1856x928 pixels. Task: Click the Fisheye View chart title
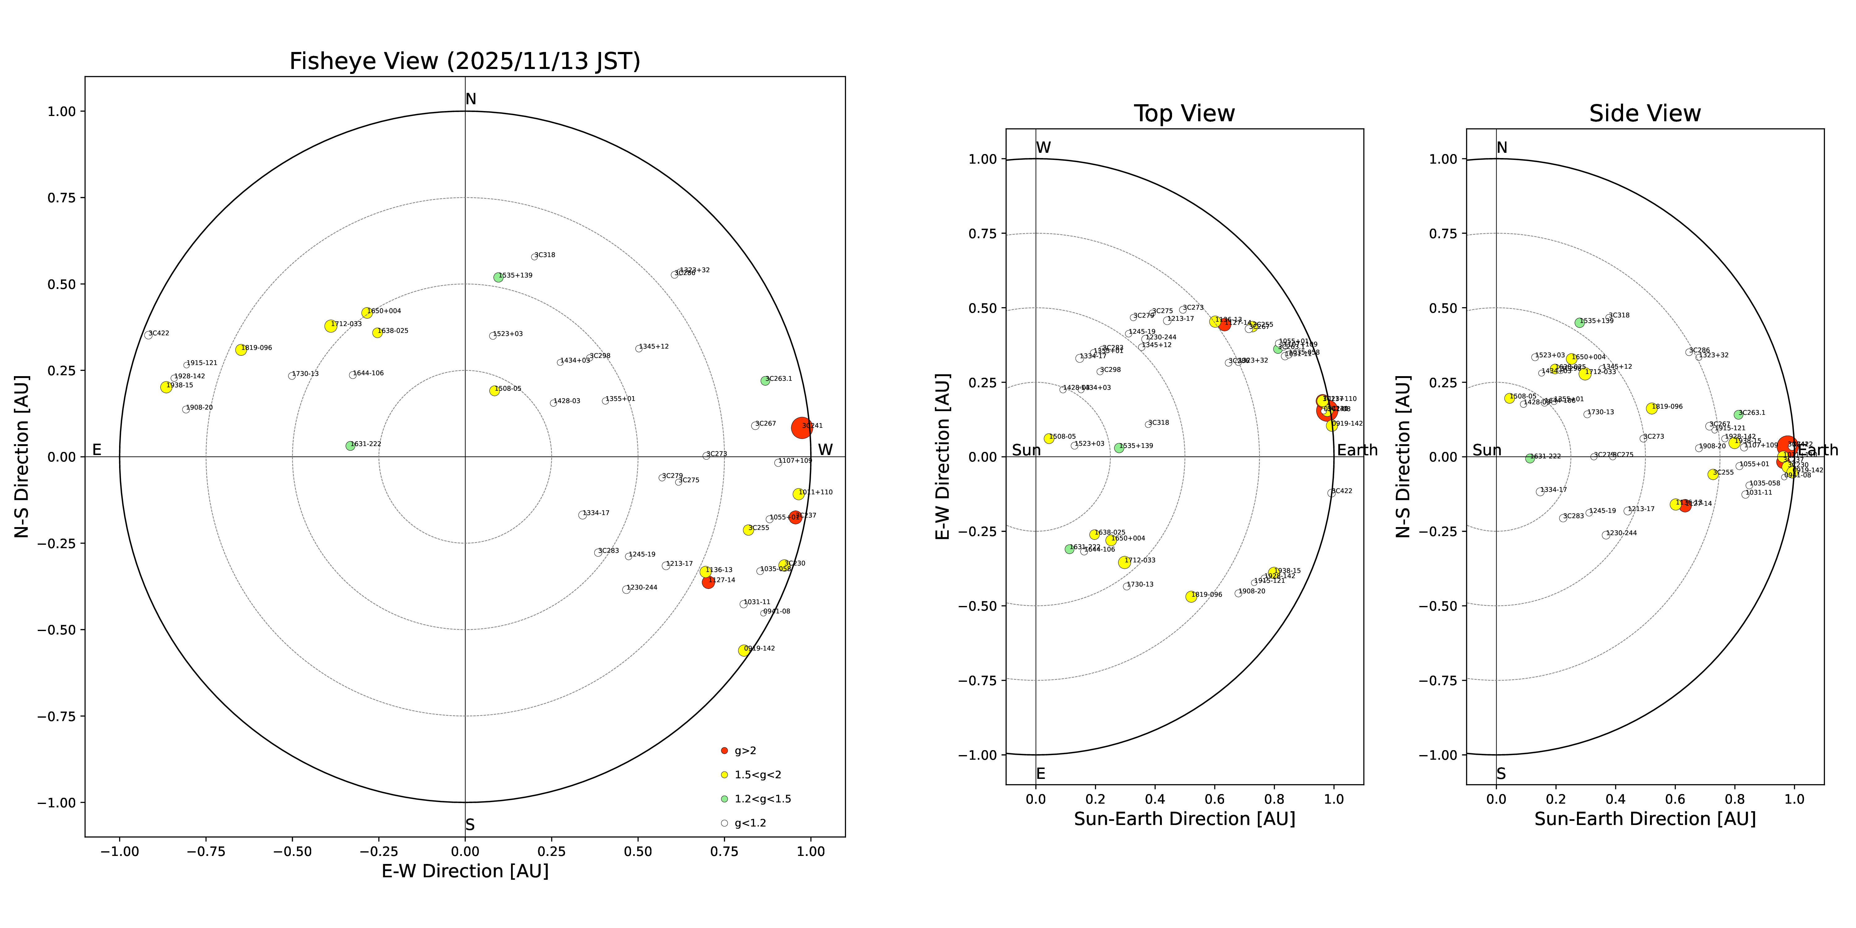[x=465, y=61]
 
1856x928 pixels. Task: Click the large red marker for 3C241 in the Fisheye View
[x=801, y=427]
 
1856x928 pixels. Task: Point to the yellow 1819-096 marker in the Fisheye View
[x=241, y=350]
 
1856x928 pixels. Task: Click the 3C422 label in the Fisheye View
[x=159, y=333]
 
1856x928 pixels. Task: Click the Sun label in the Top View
[x=1026, y=450]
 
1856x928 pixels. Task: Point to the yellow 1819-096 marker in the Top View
[x=1191, y=597]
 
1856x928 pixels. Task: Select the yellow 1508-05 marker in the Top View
[x=1049, y=438]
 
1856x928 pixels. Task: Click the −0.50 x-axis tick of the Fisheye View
[x=292, y=851]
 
